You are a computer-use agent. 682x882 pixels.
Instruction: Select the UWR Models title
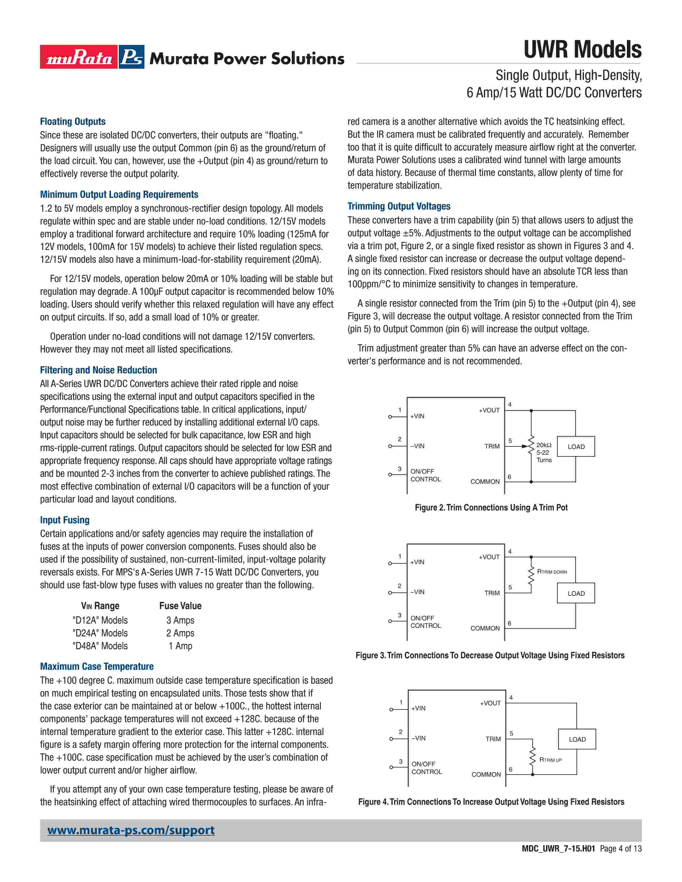[x=582, y=50]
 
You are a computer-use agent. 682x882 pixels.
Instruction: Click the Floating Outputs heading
[x=73, y=122]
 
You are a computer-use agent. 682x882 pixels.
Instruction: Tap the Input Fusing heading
[x=65, y=520]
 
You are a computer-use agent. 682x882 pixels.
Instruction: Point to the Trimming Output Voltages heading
[x=399, y=206]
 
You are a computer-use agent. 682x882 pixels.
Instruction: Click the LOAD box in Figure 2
[x=576, y=447]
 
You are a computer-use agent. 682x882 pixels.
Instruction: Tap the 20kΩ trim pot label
[x=544, y=445]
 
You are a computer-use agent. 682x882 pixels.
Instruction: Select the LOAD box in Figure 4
[x=577, y=740]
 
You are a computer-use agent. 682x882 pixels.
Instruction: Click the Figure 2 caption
[x=491, y=508]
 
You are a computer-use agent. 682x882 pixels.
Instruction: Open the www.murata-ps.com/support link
[x=131, y=830]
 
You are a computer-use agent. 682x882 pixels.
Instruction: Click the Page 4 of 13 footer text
[x=620, y=849]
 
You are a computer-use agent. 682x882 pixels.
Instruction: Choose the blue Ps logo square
[x=132, y=57]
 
